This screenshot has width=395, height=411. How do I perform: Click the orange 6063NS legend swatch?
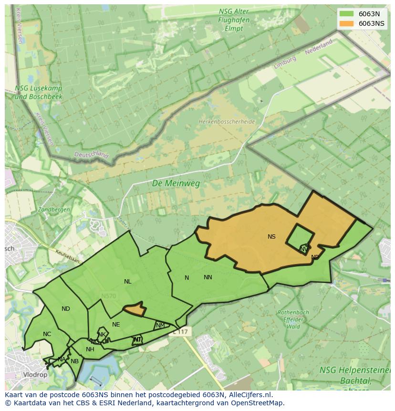[347, 23]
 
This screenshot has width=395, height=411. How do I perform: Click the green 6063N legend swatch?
[347, 14]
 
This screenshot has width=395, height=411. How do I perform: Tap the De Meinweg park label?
[176, 183]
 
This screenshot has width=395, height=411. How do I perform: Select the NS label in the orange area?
[271, 237]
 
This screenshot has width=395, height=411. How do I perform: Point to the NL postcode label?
[127, 282]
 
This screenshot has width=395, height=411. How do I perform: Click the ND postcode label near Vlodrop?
[66, 309]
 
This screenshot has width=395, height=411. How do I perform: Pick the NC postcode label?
[47, 334]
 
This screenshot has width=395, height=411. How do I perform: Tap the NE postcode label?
[116, 325]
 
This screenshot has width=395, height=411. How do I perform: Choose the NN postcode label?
[208, 277]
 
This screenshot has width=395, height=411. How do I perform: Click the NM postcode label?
[160, 326]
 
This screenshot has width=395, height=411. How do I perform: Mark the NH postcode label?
[90, 349]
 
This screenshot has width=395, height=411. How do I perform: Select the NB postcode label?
[74, 361]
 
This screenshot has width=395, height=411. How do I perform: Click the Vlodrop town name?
[35, 375]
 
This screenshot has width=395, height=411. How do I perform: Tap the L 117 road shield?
[181, 331]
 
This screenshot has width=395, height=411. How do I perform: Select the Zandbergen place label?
[54, 210]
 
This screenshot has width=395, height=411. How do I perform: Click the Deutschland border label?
[91, 155]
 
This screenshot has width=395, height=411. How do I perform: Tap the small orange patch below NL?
[135, 309]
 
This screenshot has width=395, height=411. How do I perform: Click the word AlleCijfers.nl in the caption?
[249, 395]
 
